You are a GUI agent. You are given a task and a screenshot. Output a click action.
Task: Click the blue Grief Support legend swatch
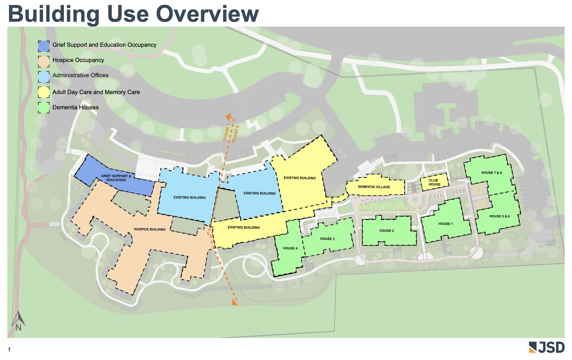click(44, 46)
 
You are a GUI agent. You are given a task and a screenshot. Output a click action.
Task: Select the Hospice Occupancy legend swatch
click(44, 61)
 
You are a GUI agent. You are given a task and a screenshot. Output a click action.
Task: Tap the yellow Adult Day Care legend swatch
click(44, 92)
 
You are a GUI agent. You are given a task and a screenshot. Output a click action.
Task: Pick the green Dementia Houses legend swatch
click(44, 107)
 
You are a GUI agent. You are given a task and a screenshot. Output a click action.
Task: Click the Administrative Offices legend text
click(80, 75)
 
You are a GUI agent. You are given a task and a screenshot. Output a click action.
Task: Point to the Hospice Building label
click(149, 229)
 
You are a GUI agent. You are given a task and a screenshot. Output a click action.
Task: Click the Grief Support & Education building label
click(116, 178)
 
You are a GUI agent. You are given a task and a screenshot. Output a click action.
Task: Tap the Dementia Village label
click(374, 187)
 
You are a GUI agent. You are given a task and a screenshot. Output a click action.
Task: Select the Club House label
click(434, 182)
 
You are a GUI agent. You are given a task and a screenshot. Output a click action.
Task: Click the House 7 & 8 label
click(491, 173)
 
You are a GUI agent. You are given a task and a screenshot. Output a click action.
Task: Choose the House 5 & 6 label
click(499, 216)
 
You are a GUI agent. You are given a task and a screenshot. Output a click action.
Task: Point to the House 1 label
click(445, 224)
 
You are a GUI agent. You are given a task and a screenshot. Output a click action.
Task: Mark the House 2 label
click(386, 231)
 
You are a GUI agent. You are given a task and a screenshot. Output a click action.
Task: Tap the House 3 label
click(327, 239)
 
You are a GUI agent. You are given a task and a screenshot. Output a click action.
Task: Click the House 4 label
click(290, 248)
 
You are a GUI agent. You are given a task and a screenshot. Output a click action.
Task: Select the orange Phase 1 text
click(226, 132)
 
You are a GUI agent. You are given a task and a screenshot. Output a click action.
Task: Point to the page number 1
click(9, 349)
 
